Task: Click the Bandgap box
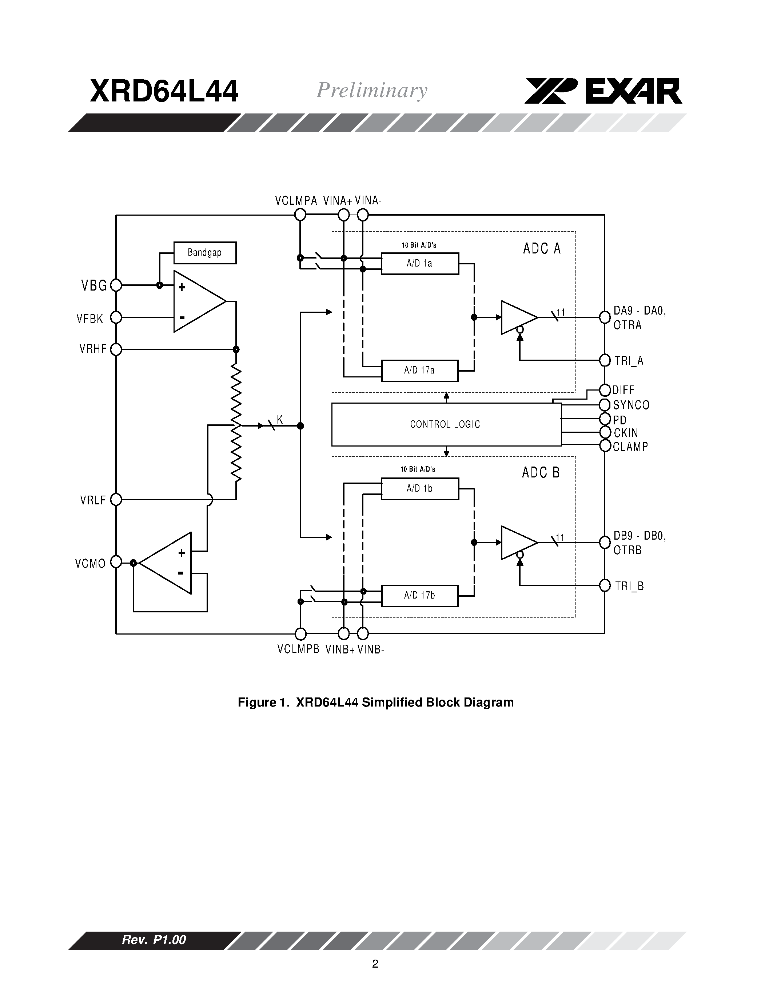(x=205, y=253)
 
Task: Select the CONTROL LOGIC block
(x=446, y=424)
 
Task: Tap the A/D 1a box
(x=419, y=264)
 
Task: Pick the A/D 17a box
(x=419, y=371)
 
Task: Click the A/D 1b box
(x=419, y=489)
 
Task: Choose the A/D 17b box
(x=419, y=596)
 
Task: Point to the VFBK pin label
(x=90, y=319)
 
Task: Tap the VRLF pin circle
(x=116, y=500)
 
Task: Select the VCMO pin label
(x=90, y=564)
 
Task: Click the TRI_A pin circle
(x=605, y=360)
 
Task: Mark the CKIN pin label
(x=626, y=433)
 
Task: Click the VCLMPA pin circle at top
(x=300, y=215)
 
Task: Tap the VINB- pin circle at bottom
(x=363, y=634)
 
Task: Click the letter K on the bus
(x=280, y=419)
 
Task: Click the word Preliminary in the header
(x=371, y=90)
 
